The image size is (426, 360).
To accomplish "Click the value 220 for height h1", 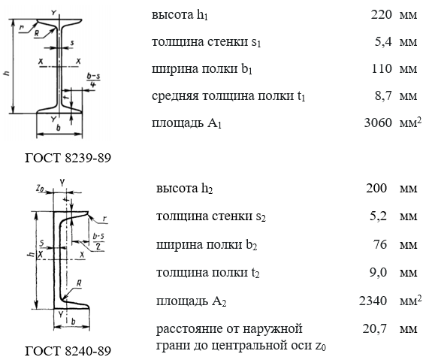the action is tap(382, 14).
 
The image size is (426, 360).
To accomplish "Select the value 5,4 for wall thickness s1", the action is tap(383, 41).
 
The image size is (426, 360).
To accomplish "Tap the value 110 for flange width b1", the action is tap(382, 68).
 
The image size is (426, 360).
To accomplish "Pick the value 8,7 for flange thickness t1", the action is tap(383, 95).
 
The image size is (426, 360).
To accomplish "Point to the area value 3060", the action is tap(378, 123).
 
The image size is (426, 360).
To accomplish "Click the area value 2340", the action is tap(373, 301).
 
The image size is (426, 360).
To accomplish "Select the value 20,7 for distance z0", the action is tap(374, 328).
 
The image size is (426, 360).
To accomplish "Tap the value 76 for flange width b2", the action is tap(380, 244).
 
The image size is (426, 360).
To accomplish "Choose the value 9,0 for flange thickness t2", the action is tap(378, 272).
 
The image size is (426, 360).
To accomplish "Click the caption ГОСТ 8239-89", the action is tap(68, 158).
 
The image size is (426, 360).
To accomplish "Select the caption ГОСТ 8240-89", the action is tap(68, 351).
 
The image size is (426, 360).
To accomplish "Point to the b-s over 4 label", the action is tap(93, 80).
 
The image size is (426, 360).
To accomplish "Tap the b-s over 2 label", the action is tap(98, 241).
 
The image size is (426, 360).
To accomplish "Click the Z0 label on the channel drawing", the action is tap(40, 188).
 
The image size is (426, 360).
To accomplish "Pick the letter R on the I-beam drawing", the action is tap(37, 33).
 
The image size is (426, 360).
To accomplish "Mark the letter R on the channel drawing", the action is tap(79, 283).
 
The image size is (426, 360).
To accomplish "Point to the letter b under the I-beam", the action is tap(58, 128).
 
